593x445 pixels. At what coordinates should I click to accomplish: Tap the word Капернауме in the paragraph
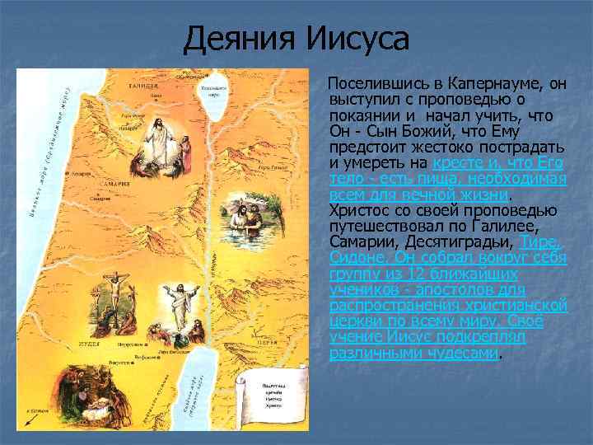tap(489, 84)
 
